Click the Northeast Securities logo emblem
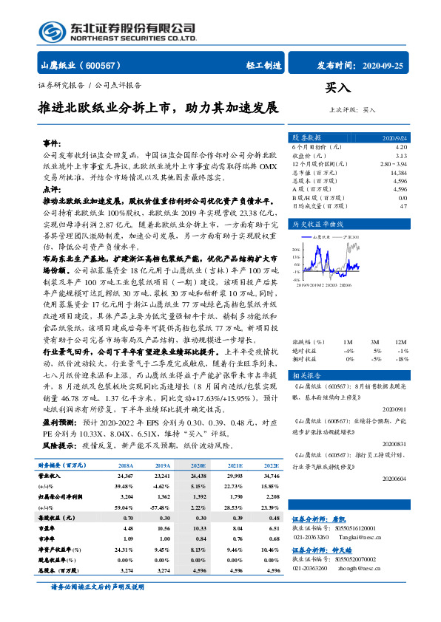(51, 31)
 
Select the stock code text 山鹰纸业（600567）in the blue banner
(81, 65)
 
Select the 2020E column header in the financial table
(198, 465)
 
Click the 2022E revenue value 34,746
(269, 477)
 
